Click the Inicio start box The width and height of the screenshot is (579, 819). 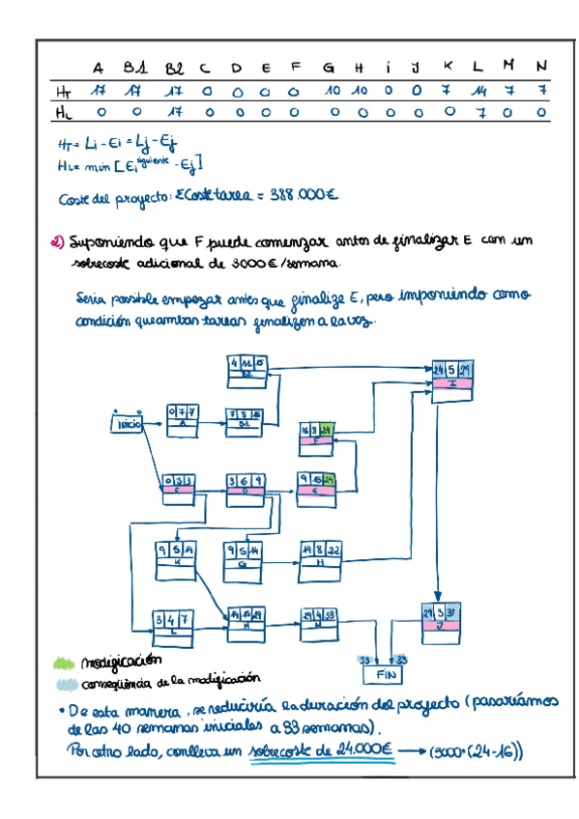[129, 423]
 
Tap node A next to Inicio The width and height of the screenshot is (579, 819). [182, 416]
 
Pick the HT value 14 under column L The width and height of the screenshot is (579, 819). [478, 90]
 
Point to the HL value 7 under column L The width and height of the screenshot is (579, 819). [478, 112]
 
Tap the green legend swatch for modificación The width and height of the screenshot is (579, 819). [63, 663]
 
